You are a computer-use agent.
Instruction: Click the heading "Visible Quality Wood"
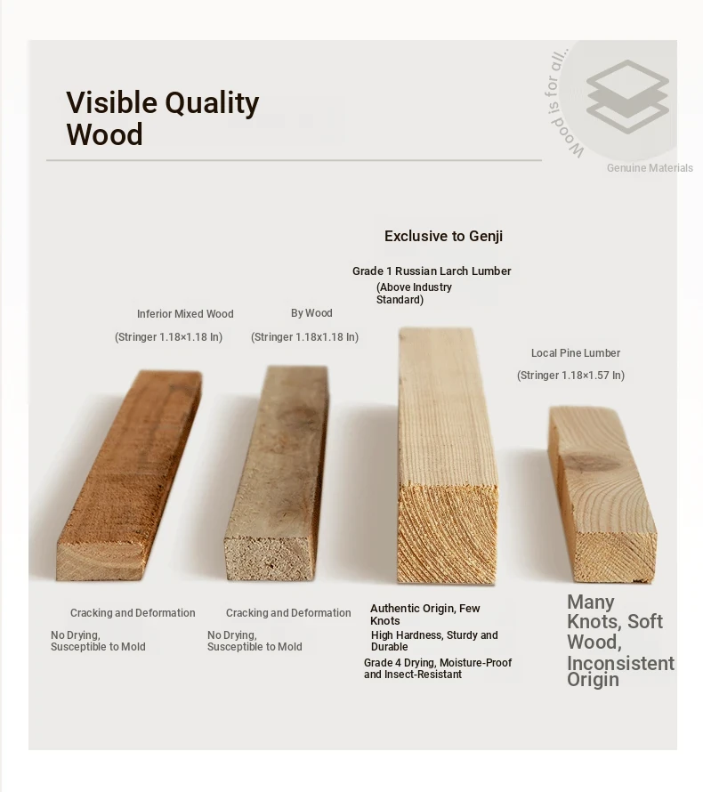(x=163, y=118)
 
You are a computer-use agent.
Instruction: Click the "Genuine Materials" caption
(x=650, y=167)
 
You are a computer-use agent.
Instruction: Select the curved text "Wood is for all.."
(x=559, y=103)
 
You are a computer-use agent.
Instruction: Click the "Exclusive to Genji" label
(x=443, y=236)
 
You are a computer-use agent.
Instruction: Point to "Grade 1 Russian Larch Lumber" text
(x=432, y=271)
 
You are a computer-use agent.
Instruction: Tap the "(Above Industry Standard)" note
(x=414, y=294)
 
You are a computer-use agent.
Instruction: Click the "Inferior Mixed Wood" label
(x=185, y=313)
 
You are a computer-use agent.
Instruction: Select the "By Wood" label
(x=311, y=313)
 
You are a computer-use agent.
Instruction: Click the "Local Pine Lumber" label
(x=576, y=353)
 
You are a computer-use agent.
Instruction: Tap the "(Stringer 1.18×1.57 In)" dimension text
(x=570, y=376)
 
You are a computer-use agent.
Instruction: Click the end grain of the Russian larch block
(x=448, y=535)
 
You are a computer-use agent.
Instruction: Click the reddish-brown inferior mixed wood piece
(x=130, y=475)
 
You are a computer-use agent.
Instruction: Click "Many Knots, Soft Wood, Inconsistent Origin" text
(x=620, y=641)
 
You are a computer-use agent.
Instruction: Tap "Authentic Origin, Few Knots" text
(x=425, y=614)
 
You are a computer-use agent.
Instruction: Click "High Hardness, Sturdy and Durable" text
(x=434, y=641)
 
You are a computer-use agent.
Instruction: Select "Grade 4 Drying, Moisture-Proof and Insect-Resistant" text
(x=438, y=668)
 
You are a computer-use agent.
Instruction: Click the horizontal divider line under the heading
(x=294, y=160)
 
